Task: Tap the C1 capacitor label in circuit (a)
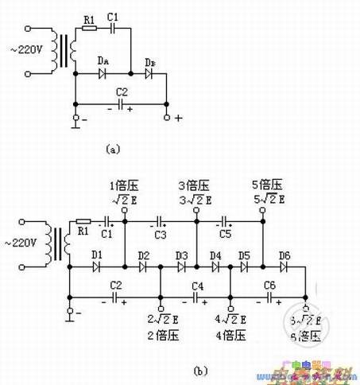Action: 113,16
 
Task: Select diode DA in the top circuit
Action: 103,74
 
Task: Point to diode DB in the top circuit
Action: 149,74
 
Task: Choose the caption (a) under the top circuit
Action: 112,148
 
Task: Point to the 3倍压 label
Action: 194,186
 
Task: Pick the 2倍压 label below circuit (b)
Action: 162,335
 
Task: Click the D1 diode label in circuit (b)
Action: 97,255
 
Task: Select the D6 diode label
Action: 284,255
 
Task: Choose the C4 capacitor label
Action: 198,284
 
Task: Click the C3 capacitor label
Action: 161,234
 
